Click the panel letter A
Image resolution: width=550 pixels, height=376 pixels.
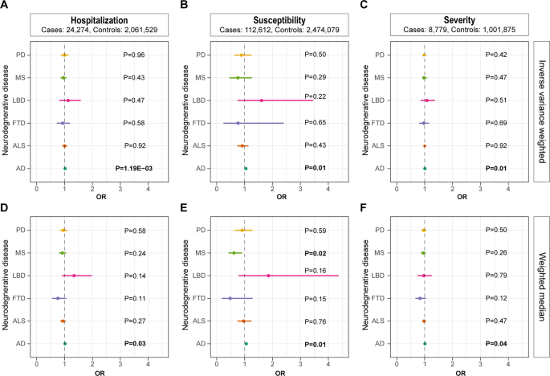6,6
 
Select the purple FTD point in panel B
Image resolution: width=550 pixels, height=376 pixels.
238,123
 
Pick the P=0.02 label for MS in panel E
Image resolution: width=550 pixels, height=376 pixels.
317,253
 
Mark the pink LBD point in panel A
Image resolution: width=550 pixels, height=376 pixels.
68,100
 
